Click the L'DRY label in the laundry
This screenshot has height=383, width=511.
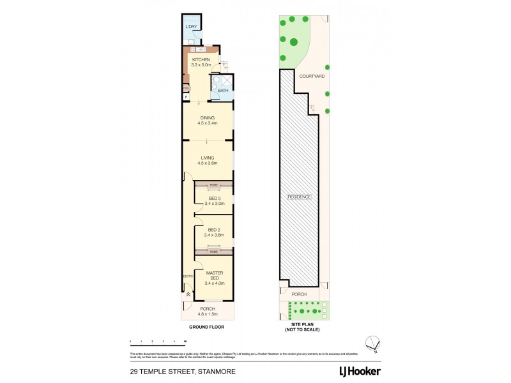(x=191, y=27)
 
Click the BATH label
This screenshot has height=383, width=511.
(x=222, y=91)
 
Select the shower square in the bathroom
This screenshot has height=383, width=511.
(x=225, y=80)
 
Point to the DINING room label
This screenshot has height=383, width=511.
(x=208, y=117)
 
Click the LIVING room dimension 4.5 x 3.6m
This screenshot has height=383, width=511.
(x=208, y=163)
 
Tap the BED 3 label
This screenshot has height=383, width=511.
(x=214, y=198)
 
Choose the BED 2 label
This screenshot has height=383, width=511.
(x=214, y=230)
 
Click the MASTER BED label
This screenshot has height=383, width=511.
(x=214, y=273)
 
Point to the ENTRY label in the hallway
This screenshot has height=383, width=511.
(x=187, y=276)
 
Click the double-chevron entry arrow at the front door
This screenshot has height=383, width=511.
(x=187, y=295)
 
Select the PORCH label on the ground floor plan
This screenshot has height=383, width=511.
(x=208, y=309)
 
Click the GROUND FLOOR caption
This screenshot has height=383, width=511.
(x=208, y=327)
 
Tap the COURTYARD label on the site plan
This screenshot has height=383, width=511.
(x=312, y=76)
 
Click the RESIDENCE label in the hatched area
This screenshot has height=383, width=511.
(x=299, y=197)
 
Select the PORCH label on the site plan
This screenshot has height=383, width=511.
(x=299, y=294)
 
